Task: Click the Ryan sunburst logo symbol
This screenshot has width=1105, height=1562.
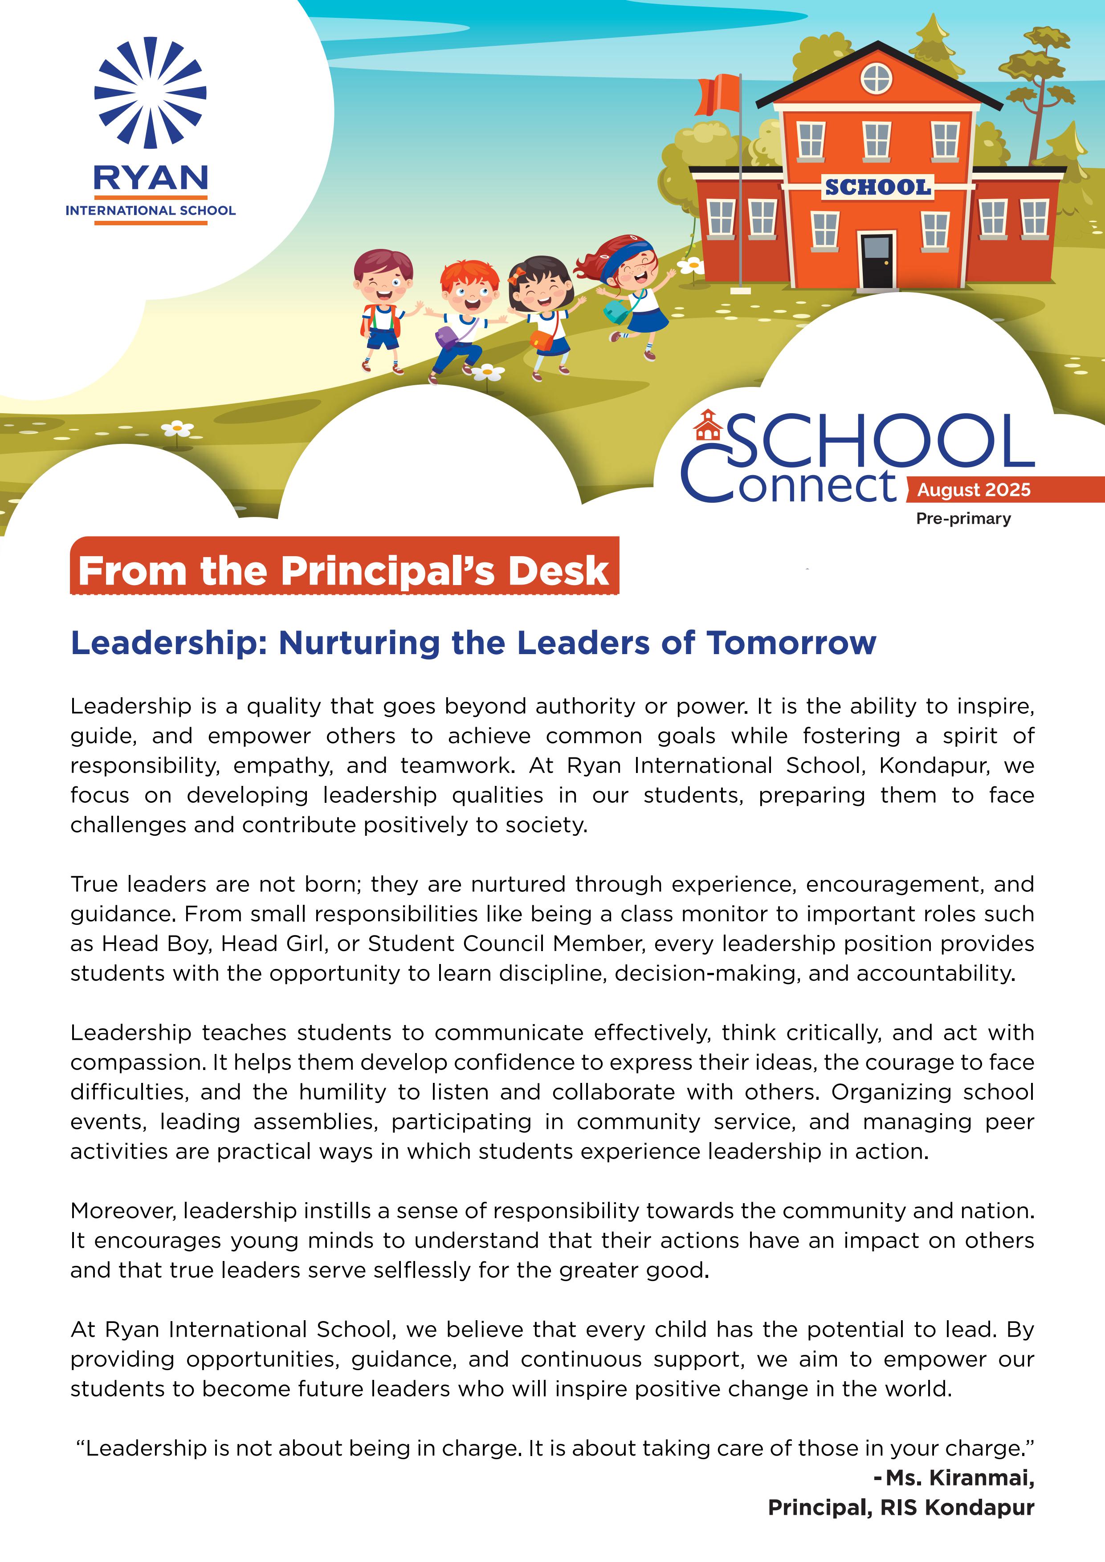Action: coord(151,93)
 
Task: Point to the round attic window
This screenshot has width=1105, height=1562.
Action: coord(877,78)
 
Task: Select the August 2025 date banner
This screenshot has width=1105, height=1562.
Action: coord(974,490)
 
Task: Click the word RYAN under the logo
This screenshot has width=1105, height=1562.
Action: coord(151,178)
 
